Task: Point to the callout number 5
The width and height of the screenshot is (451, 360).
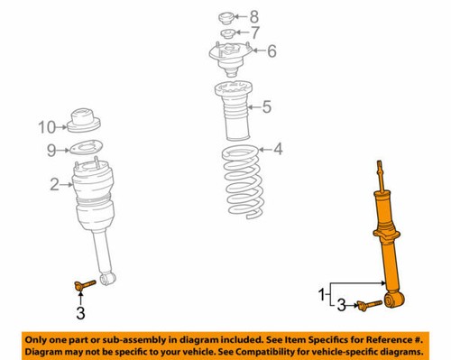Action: [266, 108]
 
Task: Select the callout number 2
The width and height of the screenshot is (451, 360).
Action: [53, 185]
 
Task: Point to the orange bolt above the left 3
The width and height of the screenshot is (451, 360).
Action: [79, 287]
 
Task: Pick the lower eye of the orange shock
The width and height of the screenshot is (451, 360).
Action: [394, 298]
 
